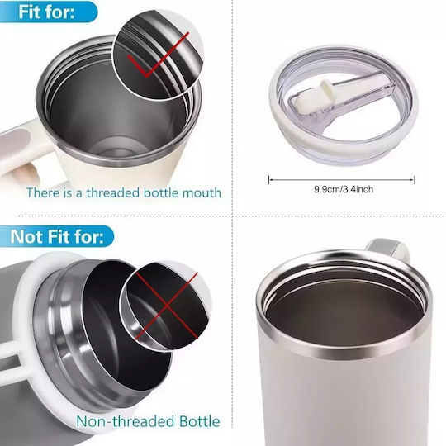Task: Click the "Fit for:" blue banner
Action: [x=48, y=12]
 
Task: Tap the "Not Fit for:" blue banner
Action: [x=56, y=236]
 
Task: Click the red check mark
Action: [x=158, y=55]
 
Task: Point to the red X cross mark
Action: [x=166, y=306]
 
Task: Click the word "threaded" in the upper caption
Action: [x=113, y=192]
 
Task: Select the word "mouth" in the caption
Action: [x=202, y=192]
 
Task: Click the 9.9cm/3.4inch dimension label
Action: [x=344, y=189]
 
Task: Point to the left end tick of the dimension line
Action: [x=268, y=180]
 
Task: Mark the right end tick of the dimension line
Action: [x=415, y=180]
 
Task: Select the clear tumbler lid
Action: [x=344, y=106]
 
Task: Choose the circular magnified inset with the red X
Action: [x=165, y=306]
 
